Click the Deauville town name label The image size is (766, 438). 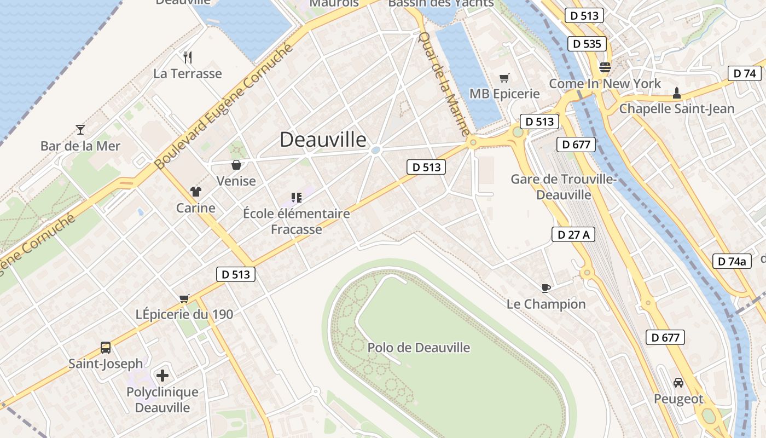(323, 140)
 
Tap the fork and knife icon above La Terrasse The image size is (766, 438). (188, 57)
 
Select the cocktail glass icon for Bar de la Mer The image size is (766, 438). (80, 130)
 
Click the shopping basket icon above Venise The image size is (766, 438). (236, 165)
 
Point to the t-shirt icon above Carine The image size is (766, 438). (195, 192)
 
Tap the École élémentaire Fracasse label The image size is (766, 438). (297, 221)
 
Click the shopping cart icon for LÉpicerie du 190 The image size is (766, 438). (184, 298)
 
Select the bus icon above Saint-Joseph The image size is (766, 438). (106, 348)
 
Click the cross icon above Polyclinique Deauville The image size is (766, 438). (163, 376)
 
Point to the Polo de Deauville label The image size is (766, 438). (419, 348)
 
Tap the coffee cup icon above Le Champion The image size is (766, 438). (546, 288)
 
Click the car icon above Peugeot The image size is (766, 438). (678, 383)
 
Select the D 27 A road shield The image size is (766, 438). (573, 235)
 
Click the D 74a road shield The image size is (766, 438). (732, 261)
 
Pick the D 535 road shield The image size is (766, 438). (588, 44)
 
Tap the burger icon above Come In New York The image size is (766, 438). (605, 67)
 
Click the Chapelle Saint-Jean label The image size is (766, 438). (677, 108)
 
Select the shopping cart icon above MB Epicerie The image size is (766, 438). (504, 78)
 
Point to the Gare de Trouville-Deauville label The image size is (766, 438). (564, 187)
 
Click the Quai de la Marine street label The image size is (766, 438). (443, 83)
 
